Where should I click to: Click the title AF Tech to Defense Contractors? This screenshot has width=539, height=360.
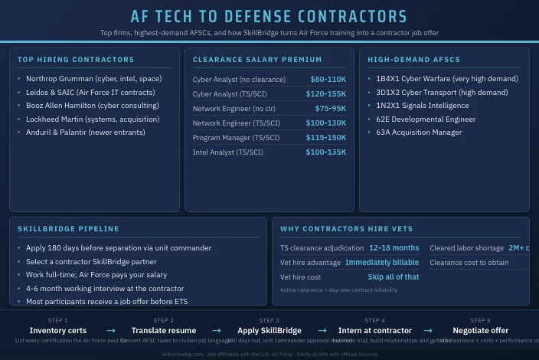point(269,17)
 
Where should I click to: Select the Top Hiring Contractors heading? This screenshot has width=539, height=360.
point(76,60)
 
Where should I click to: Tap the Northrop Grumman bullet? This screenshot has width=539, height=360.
point(93,79)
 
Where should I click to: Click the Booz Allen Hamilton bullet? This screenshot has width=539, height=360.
point(92,106)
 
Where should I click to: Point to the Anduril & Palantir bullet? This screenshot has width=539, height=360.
point(85,133)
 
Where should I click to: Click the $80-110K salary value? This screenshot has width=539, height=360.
point(328,80)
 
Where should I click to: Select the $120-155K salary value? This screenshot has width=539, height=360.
point(325,94)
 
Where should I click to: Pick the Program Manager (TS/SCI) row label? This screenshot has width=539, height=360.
point(236,138)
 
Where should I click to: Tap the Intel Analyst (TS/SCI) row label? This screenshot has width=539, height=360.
point(227,152)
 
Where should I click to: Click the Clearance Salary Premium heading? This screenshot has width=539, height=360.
point(257,60)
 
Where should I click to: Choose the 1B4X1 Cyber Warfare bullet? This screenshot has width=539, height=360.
point(446,79)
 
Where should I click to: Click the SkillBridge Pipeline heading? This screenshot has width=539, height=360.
point(68,229)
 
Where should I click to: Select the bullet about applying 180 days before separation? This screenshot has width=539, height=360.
point(118,248)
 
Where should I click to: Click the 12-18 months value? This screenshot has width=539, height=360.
point(394,248)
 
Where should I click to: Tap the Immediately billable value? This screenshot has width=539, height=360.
point(382,263)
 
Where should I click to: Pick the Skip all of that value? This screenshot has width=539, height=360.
point(393,277)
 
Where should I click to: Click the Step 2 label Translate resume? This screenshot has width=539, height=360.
point(164,331)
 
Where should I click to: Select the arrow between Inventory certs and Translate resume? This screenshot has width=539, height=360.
point(111,331)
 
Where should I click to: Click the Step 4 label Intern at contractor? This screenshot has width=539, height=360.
point(374,331)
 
